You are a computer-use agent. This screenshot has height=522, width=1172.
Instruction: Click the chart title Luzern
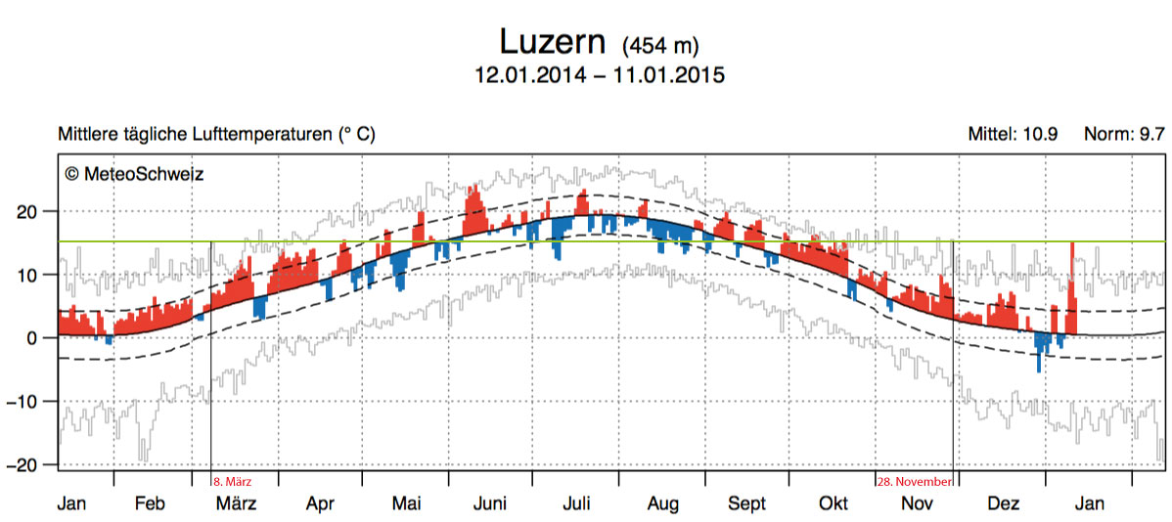(x=552, y=41)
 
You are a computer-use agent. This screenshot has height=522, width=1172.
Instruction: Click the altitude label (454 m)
(x=660, y=45)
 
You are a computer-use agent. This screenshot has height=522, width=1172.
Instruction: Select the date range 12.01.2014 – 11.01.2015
(x=599, y=75)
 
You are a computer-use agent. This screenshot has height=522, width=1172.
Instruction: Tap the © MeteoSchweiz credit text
(x=134, y=173)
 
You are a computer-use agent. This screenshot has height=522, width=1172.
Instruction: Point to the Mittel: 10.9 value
(x=1013, y=134)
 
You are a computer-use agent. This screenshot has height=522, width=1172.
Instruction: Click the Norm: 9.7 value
(x=1124, y=134)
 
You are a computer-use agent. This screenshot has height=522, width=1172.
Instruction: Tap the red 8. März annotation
(x=232, y=481)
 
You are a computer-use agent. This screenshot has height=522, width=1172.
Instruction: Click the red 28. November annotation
(x=913, y=481)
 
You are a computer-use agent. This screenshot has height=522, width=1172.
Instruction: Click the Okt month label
(x=833, y=503)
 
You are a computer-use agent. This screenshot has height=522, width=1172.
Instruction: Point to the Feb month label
(x=149, y=503)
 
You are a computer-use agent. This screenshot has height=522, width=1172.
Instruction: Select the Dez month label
(x=1003, y=503)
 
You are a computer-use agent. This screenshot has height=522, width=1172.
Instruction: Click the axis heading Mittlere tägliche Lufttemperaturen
(x=216, y=134)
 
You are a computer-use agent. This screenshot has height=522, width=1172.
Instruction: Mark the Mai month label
(x=406, y=503)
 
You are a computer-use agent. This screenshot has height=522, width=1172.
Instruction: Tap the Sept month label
(x=746, y=503)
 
